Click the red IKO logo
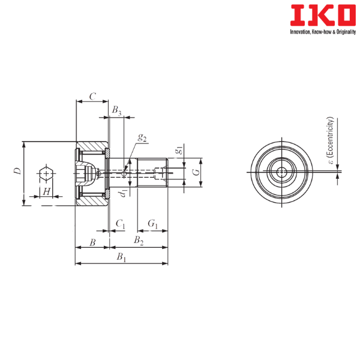coord(323,15)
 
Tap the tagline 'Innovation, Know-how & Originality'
coord(323,32)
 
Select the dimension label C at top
coord(92,97)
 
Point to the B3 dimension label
coord(116,110)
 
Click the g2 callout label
coord(142,137)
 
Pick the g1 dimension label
coord(179,150)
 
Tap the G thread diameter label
coord(196,172)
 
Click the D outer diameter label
coord(17,171)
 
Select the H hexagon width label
coord(47,191)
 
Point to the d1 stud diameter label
coord(123,193)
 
